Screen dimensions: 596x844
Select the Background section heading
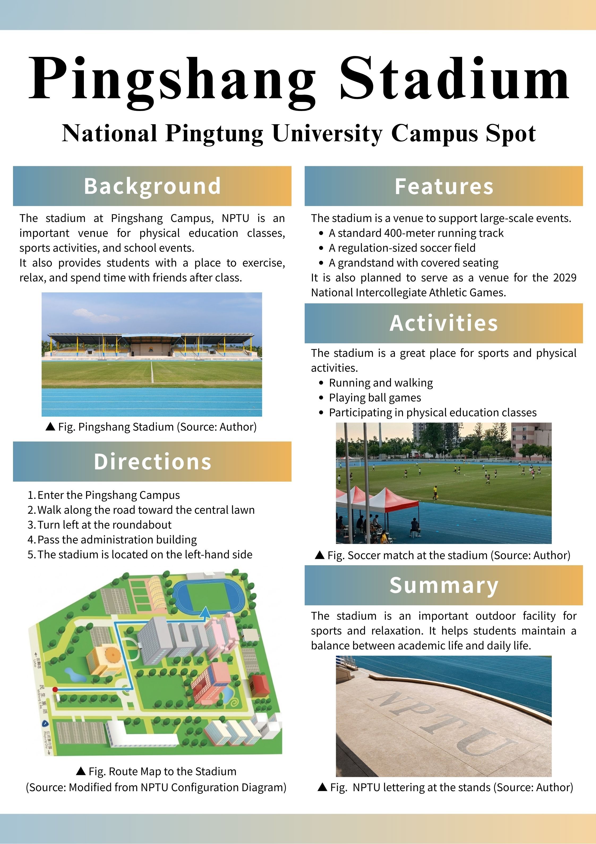tap(152, 186)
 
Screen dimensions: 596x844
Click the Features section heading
tap(444, 186)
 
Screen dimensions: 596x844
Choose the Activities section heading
tap(444, 323)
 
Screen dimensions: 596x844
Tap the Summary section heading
tap(444, 586)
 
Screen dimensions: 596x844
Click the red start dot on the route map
tap(55, 689)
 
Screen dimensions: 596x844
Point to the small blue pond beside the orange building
tap(75, 674)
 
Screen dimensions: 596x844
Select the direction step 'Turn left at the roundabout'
tap(104, 525)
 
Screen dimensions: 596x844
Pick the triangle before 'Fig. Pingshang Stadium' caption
tap(50, 426)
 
